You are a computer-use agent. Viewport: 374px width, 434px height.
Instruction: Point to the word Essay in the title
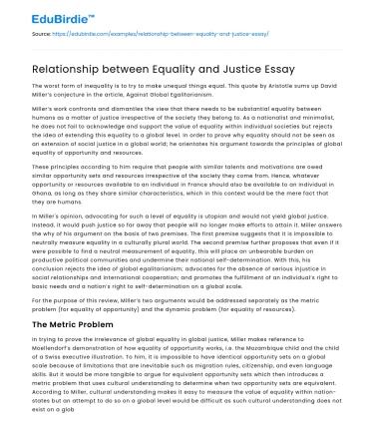282,70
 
